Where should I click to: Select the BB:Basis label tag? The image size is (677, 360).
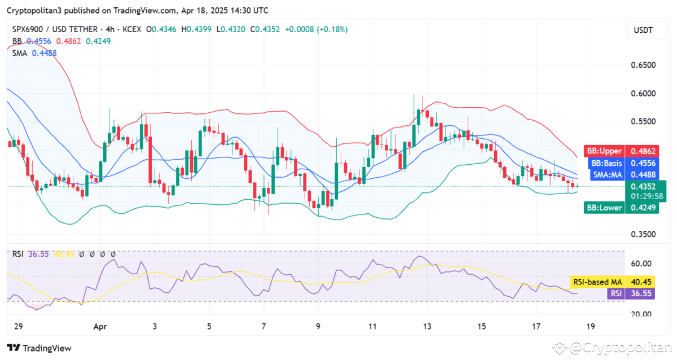[605, 163]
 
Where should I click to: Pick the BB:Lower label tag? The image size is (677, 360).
[604, 208]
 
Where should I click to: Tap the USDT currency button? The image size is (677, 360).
[643, 29]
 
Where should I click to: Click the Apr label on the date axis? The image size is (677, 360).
[100, 326]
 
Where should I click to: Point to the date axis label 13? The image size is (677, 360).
[427, 326]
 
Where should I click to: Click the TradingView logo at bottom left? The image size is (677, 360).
[39, 348]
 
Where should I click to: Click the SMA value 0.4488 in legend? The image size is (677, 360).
[44, 52]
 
